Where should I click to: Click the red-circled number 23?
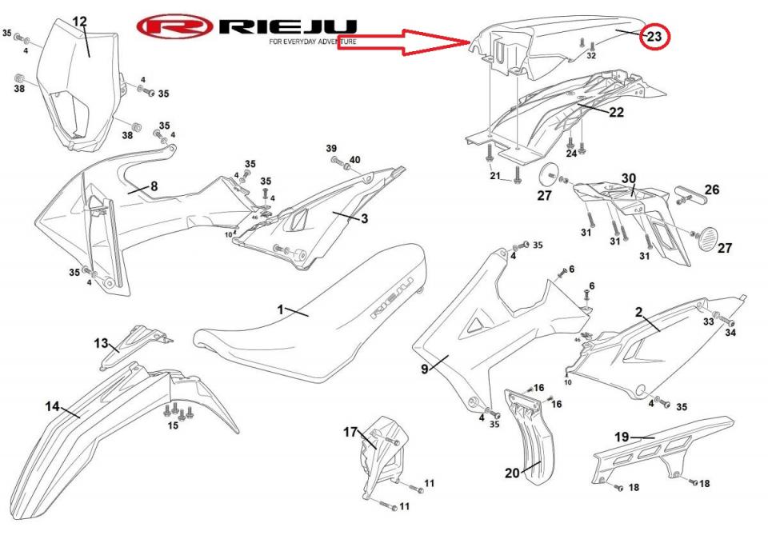(x=654, y=37)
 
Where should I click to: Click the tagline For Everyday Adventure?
(x=313, y=41)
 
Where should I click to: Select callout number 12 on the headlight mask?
(x=80, y=21)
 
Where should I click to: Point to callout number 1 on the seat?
(x=281, y=309)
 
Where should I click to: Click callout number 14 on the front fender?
(x=52, y=407)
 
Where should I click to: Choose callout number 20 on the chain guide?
(x=512, y=473)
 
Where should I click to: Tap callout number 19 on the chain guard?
(x=622, y=437)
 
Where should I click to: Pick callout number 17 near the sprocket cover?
(x=350, y=433)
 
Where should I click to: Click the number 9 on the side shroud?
(x=425, y=369)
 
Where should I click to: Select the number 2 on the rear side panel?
(x=639, y=310)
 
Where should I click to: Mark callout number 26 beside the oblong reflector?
(x=711, y=190)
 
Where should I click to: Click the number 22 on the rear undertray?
(x=615, y=112)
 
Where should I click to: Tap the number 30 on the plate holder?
(x=629, y=178)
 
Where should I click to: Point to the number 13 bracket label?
(x=101, y=343)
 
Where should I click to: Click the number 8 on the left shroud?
(x=153, y=186)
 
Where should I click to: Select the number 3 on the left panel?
(x=364, y=218)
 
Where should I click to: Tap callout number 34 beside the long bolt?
(x=730, y=333)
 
